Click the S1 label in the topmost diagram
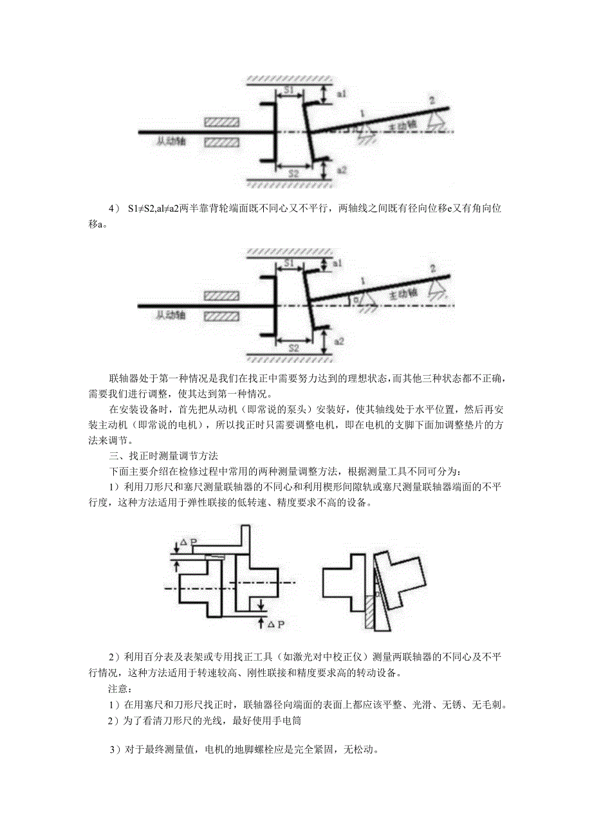pyautogui.click(x=290, y=91)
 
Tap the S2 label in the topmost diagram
pyautogui.click(x=293, y=173)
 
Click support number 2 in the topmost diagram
pyautogui.click(x=432, y=100)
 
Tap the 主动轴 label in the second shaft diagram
pyautogui.click(x=403, y=294)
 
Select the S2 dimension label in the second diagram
pyautogui.click(x=293, y=347)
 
